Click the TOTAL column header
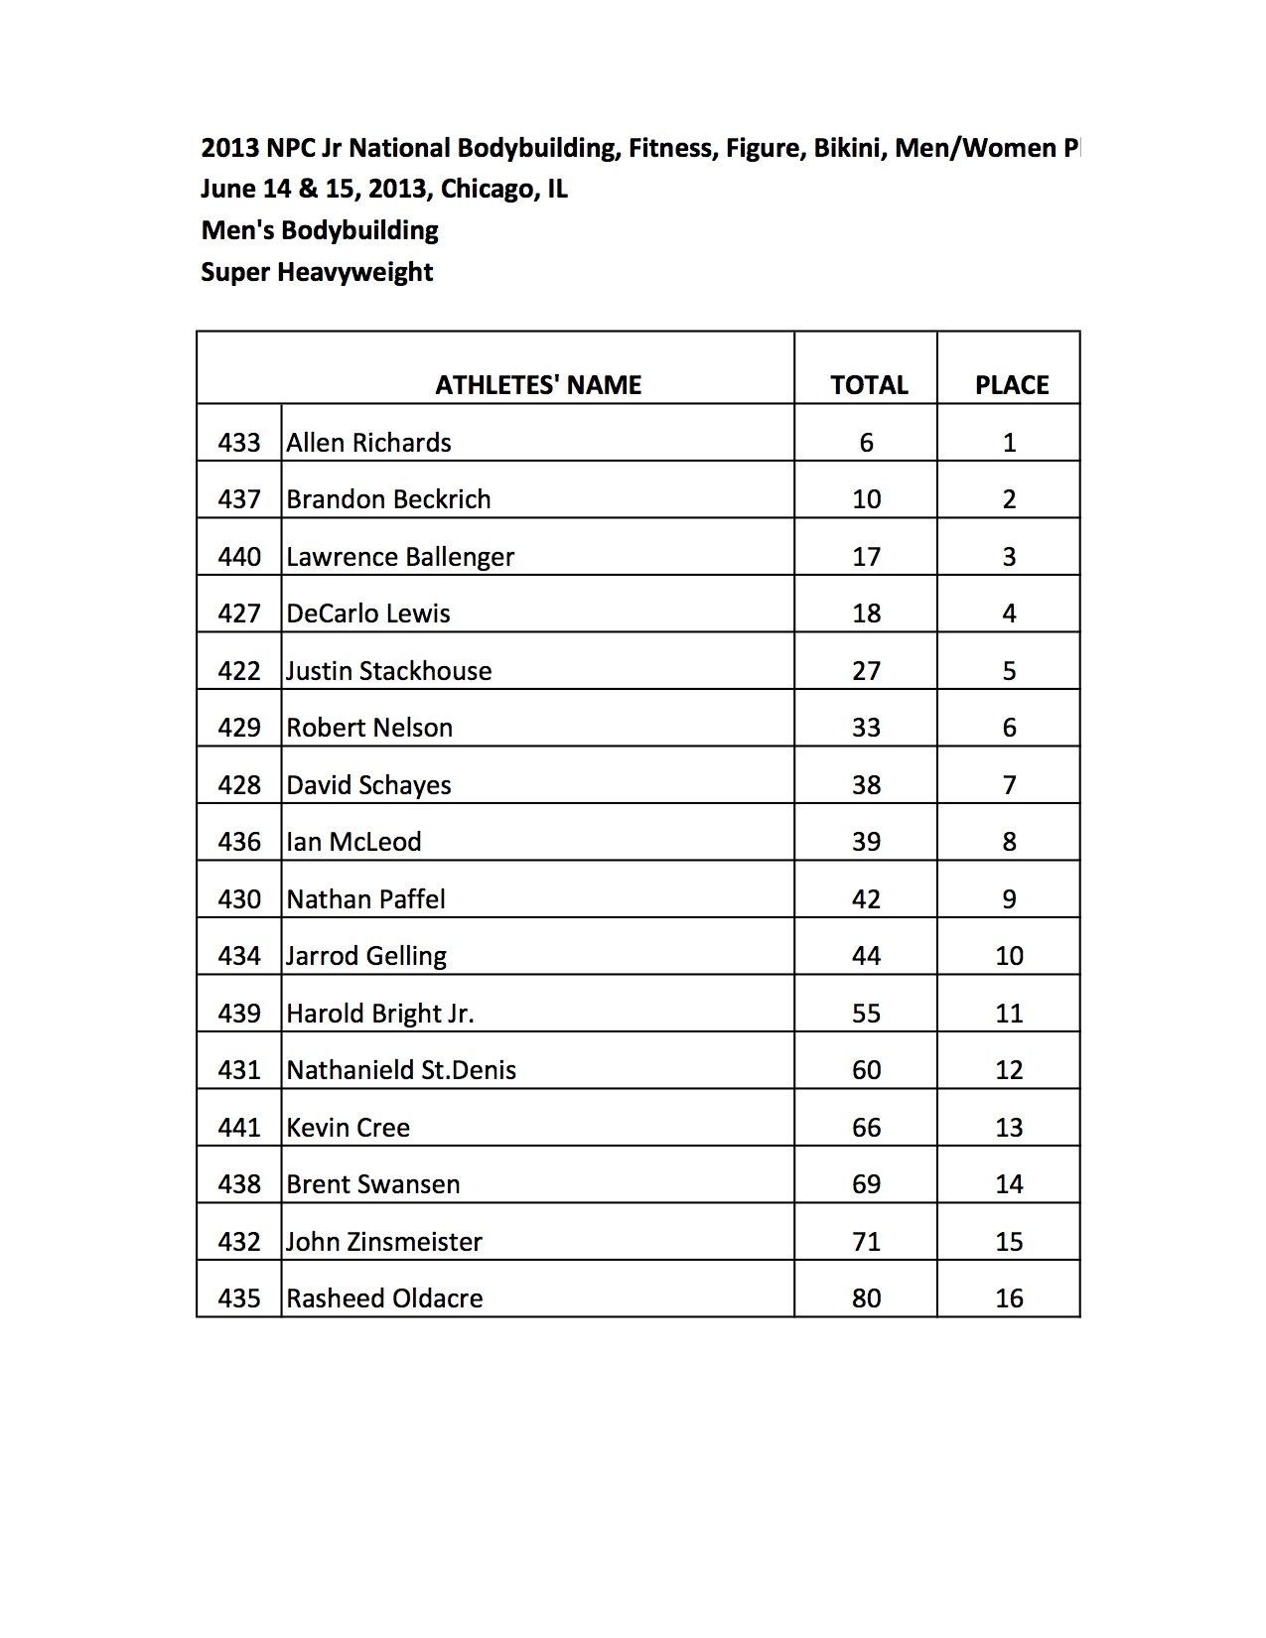click(x=869, y=385)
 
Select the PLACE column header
click(x=1011, y=385)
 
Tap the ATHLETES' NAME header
click(x=538, y=385)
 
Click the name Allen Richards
click(x=368, y=443)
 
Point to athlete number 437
click(x=239, y=499)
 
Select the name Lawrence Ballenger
click(x=400, y=557)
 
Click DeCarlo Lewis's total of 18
click(x=866, y=614)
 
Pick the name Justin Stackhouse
click(x=388, y=671)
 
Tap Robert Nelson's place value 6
click(x=1009, y=728)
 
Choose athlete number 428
click(x=239, y=785)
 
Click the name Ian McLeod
click(x=353, y=842)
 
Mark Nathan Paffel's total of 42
click(x=866, y=899)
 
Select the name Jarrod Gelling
click(x=366, y=956)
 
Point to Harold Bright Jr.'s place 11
click(x=1009, y=1014)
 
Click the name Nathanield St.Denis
click(x=401, y=1070)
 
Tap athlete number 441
click(x=239, y=1128)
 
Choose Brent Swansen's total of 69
click(x=866, y=1184)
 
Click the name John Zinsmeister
click(x=384, y=1242)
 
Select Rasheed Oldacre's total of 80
click(x=866, y=1298)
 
